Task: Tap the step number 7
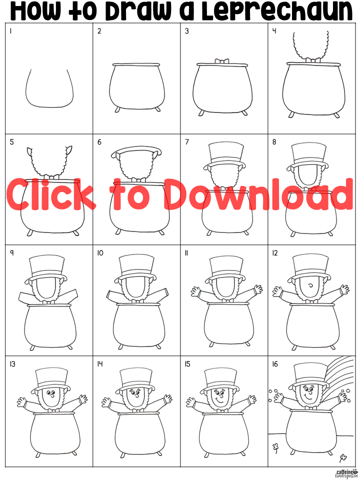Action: coord(187,142)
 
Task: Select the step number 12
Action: coord(275,253)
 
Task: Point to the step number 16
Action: coord(275,364)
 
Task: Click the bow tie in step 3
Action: coord(222,61)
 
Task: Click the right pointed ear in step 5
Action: coord(69,150)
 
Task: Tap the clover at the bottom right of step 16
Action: coord(343,458)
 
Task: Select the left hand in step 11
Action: coord(195,291)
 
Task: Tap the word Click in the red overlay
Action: coord(50,194)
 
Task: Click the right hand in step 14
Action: coord(168,399)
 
